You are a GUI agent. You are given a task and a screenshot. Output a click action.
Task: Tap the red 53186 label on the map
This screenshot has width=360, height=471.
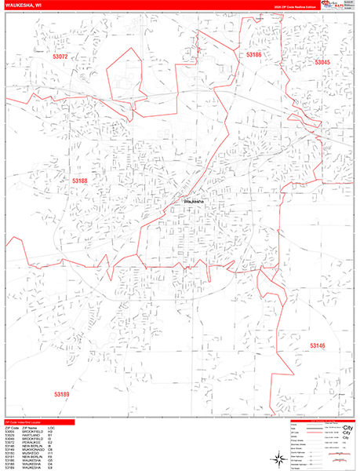pyautogui.click(x=253, y=55)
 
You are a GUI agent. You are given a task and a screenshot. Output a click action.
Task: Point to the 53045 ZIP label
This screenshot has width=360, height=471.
pyautogui.click(x=323, y=62)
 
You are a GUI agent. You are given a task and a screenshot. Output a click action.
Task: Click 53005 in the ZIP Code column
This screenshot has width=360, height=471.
pyautogui.click(x=10, y=431)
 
